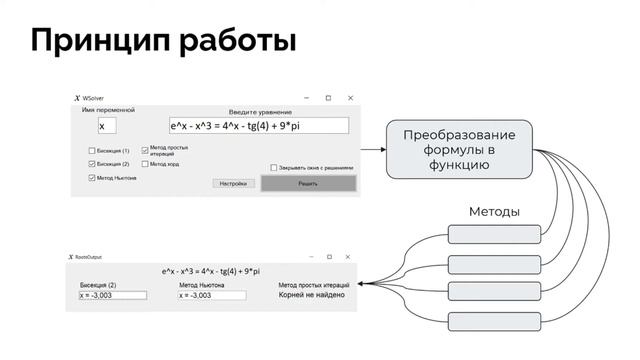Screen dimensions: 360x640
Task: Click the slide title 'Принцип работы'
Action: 163,41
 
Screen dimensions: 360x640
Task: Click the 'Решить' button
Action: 307,184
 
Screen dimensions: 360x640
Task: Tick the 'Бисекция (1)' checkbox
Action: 92,150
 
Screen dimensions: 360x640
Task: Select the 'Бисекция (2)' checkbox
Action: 92,164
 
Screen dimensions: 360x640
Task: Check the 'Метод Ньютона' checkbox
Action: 92,178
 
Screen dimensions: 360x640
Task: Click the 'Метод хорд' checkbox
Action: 145,164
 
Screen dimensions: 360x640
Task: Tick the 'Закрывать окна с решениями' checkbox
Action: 274,168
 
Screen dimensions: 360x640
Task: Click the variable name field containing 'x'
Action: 107,126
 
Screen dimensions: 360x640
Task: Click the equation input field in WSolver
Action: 258,126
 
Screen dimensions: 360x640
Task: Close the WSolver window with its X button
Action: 350,98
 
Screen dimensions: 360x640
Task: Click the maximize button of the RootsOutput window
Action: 328,257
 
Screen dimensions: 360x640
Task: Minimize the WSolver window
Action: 306,98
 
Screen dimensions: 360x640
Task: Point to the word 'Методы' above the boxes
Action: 494,212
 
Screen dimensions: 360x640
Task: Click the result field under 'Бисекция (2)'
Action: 112,295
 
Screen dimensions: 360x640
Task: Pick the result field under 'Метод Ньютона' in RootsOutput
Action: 211,295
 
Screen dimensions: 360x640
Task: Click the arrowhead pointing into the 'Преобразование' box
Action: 382,150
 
